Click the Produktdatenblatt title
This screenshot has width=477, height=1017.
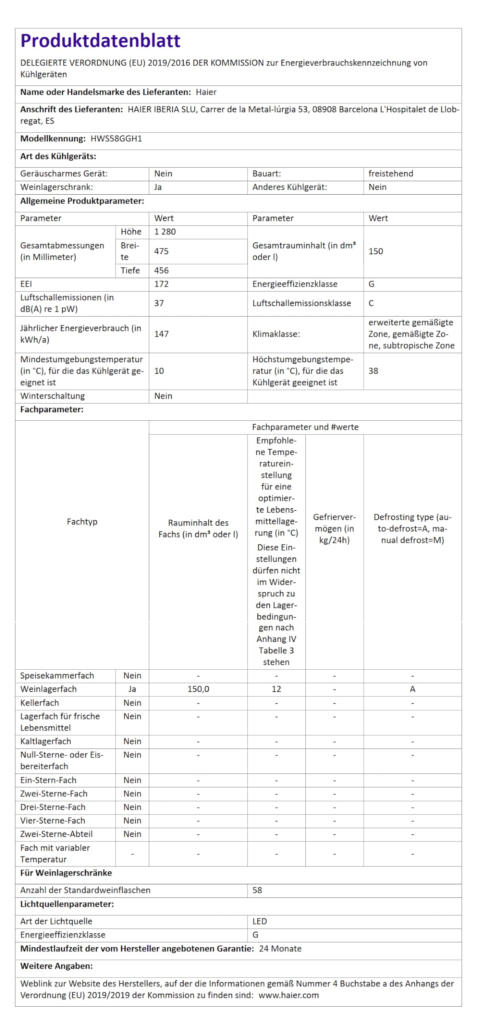(x=100, y=41)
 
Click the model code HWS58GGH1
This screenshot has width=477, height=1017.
(x=116, y=139)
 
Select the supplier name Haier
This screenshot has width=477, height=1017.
(x=206, y=92)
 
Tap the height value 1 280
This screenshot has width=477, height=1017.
(x=165, y=232)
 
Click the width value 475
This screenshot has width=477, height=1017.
(x=161, y=251)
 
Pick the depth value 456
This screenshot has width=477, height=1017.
(x=161, y=271)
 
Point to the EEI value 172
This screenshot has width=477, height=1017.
(x=161, y=284)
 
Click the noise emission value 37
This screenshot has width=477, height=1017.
(x=159, y=303)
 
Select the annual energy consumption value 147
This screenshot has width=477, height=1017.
(x=161, y=334)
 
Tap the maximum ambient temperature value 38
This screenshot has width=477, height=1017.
(x=373, y=371)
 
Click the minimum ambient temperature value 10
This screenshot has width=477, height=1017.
(x=159, y=371)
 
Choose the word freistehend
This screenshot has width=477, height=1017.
(x=390, y=174)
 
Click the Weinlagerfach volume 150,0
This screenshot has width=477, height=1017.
(x=198, y=689)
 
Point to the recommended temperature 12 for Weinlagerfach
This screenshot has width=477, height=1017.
(x=276, y=689)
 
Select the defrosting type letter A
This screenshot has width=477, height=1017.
(x=412, y=689)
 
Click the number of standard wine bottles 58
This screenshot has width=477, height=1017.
(x=257, y=890)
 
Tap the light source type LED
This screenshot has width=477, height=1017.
(x=259, y=921)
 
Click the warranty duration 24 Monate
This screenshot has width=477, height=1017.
(x=280, y=948)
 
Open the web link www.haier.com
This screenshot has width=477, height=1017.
(x=288, y=995)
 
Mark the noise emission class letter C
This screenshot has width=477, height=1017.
(x=371, y=303)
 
